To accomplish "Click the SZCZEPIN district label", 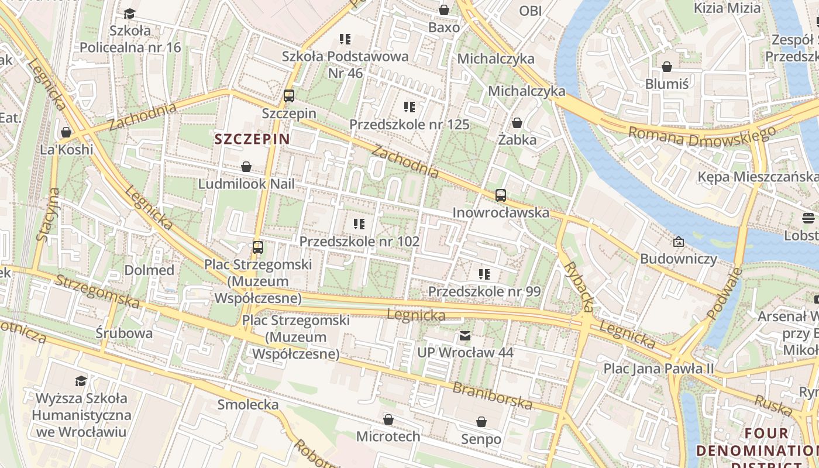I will point(252,139).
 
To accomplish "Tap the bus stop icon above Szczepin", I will point(288,96).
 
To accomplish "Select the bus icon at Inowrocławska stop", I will point(500,195).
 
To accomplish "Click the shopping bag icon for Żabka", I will point(517,123).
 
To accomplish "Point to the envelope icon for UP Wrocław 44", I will point(465,336).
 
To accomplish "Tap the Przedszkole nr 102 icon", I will point(359,224).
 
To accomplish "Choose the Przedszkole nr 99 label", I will point(484,291).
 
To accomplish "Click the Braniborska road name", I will point(493,396).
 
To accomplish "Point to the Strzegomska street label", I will point(97,291).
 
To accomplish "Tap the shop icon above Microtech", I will point(388,419).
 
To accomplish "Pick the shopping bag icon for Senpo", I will point(481,422).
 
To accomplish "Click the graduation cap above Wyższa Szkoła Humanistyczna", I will point(81,381).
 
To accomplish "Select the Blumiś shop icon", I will point(666,67).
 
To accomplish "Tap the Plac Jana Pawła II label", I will point(659,369).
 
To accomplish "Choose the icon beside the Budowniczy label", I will point(678,241).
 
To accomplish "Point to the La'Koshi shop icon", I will point(66,132).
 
